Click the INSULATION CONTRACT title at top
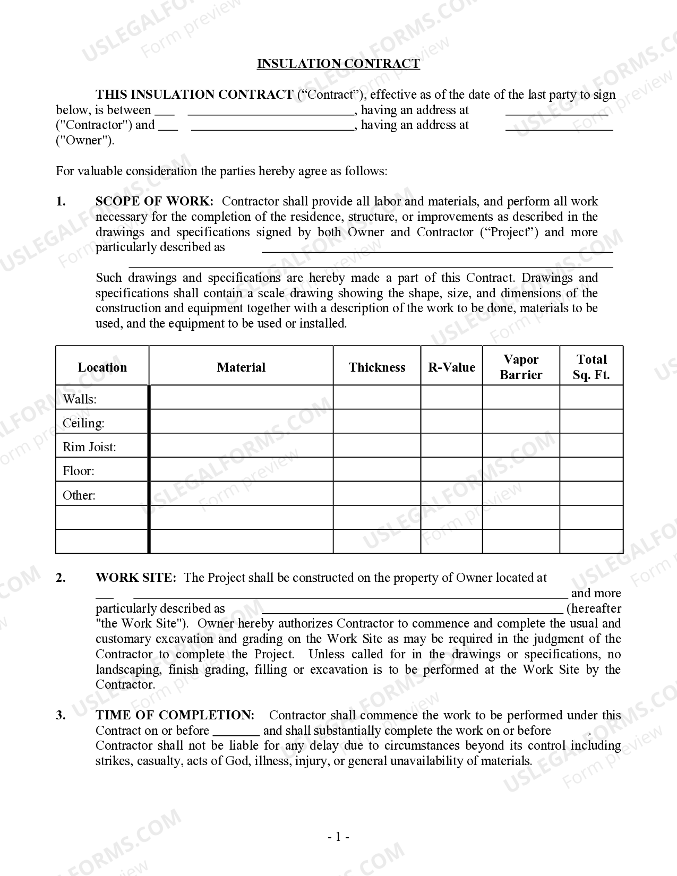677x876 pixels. [x=338, y=64]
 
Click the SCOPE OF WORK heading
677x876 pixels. [x=155, y=201]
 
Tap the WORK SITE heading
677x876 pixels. [x=135, y=578]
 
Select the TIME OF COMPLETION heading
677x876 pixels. [x=175, y=715]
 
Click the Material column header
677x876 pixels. [x=241, y=367]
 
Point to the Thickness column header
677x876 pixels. [x=377, y=367]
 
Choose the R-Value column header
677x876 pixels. [x=451, y=367]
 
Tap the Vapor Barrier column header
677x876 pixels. [x=521, y=367]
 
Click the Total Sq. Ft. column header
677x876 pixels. [x=591, y=367]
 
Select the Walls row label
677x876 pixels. [x=80, y=399]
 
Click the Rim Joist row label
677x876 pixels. [x=89, y=447]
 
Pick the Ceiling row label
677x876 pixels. [x=83, y=423]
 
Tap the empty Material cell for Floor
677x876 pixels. [x=241, y=469]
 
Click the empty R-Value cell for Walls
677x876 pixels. [x=451, y=397]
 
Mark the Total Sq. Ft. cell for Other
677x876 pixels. [x=591, y=493]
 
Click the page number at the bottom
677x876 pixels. [x=338, y=837]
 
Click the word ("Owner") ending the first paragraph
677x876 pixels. [x=85, y=140]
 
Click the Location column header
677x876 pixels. [x=102, y=367]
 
